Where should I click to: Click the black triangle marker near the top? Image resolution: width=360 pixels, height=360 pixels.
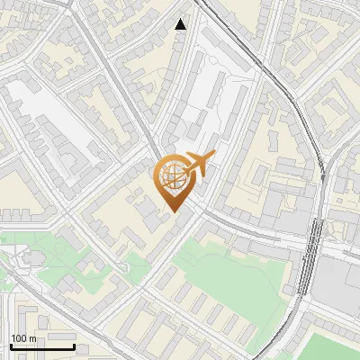pyautogui.click(x=181, y=24)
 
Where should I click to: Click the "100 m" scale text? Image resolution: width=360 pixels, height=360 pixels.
pyautogui.click(x=23, y=338)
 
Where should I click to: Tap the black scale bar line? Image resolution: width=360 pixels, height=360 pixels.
pyautogui.click(x=42, y=346)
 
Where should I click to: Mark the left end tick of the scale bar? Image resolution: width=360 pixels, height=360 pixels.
pyautogui.click(x=11, y=346)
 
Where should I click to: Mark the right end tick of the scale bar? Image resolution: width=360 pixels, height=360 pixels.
pyautogui.click(x=74, y=346)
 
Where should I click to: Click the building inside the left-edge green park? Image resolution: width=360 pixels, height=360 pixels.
pyautogui.click(x=22, y=260)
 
